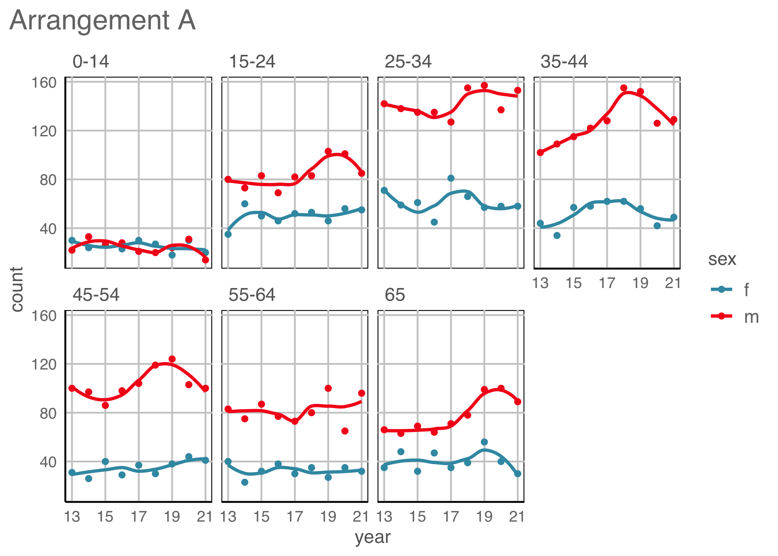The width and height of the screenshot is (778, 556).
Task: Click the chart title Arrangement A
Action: (103, 20)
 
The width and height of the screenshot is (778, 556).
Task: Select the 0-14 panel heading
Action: (91, 62)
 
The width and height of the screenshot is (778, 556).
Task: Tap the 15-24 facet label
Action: (252, 62)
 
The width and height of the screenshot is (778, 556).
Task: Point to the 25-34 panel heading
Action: (408, 62)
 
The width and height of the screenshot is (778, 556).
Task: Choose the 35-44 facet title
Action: (564, 62)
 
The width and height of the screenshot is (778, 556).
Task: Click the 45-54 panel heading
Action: (96, 295)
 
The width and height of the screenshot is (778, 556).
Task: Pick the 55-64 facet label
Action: (252, 295)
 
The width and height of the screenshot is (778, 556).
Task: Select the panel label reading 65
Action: (395, 295)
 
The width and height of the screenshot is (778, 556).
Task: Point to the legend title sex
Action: (722, 259)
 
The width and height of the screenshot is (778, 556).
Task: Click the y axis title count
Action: (17, 289)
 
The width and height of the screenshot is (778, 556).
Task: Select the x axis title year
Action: (373, 537)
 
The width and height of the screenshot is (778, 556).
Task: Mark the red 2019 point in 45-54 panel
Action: (172, 359)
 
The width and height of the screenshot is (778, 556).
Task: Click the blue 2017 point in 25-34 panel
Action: (451, 178)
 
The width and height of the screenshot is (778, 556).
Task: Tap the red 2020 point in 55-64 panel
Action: (345, 431)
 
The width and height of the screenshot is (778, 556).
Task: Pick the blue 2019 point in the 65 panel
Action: (484, 442)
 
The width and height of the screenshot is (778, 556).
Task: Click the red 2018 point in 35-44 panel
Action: (624, 88)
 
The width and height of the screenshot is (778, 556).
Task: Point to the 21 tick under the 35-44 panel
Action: (673, 283)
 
